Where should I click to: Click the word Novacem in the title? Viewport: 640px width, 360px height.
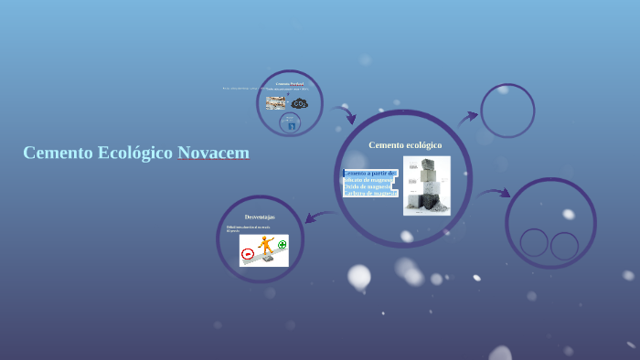click(213, 153)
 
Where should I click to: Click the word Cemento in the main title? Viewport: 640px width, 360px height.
click(58, 153)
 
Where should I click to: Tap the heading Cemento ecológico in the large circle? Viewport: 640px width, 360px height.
click(405, 145)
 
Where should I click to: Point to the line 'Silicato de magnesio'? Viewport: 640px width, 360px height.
click(368, 180)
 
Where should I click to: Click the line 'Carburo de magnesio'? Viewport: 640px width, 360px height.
click(370, 194)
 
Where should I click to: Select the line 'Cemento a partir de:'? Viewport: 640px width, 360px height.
click(370, 173)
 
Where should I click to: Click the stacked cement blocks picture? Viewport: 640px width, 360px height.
click(427, 185)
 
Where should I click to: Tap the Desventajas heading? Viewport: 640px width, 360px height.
click(260, 217)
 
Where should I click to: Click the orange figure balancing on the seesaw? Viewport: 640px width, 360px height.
click(266, 246)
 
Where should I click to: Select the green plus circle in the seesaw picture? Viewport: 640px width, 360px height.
click(282, 244)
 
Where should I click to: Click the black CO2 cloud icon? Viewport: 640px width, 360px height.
click(300, 103)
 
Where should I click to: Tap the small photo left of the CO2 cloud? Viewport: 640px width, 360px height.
click(275, 102)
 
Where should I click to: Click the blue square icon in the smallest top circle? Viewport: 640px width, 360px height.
click(291, 126)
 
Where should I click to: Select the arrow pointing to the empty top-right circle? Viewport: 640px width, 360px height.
click(468, 116)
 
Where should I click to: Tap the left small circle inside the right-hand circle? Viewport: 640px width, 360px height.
click(534, 242)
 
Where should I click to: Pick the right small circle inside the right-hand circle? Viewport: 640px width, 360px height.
click(564, 246)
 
